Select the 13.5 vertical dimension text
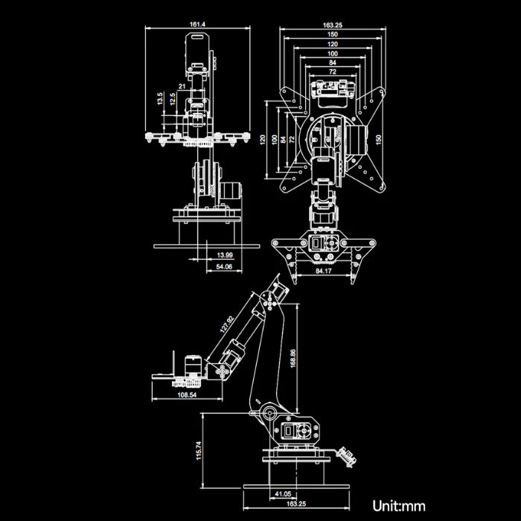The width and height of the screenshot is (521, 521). click(x=159, y=98)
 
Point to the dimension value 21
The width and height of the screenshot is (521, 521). click(x=182, y=87)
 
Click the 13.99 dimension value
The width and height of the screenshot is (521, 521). click(x=224, y=255)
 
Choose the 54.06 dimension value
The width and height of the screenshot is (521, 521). click(x=223, y=266)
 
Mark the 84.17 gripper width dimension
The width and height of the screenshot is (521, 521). click(x=323, y=272)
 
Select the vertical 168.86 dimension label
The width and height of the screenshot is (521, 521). click(x=293, y=359)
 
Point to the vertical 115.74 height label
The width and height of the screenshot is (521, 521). click(x=198, y=450)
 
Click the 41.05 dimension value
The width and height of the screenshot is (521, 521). click(x=283, y=493)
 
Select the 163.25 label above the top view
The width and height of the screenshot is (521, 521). click(x=333, y=25)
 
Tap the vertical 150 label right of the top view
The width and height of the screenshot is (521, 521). click(x=378, y=139)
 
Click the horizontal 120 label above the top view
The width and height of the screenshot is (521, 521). click(x=332, y=44)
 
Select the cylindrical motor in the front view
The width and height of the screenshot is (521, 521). click(x=232, y=191)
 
